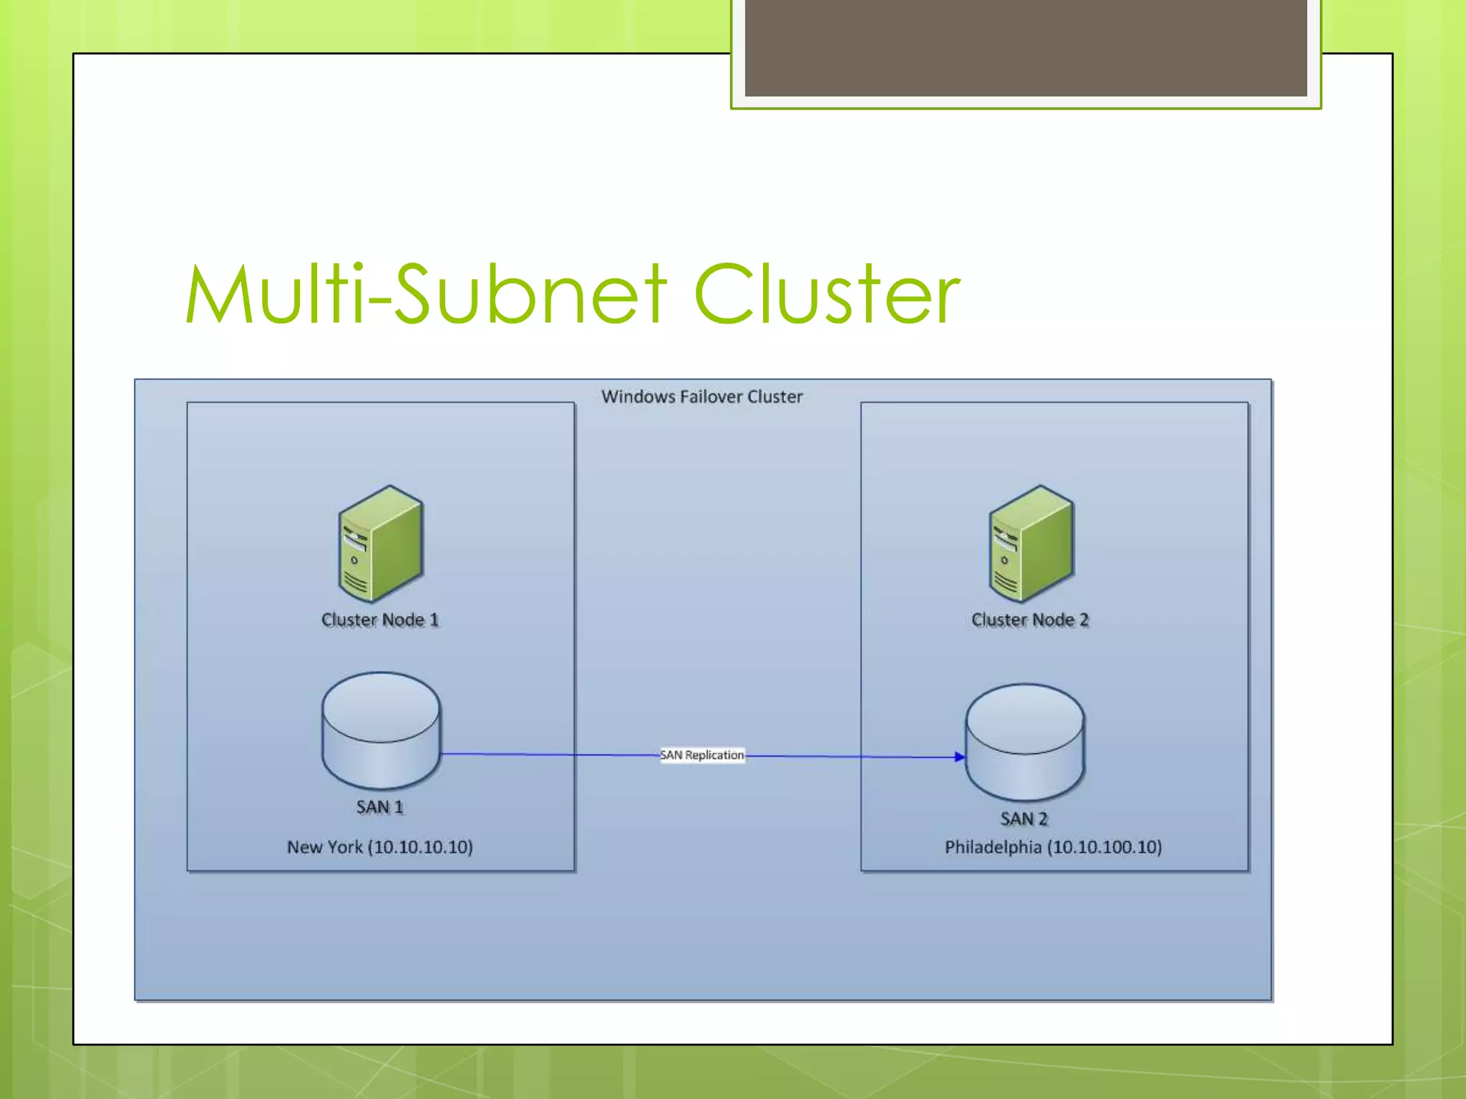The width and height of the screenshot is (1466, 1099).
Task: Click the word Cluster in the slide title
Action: (x=827, y=294)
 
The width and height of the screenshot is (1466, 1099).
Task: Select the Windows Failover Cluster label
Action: (x=702, y=396)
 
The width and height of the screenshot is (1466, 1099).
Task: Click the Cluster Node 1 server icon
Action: (x=381, y=544)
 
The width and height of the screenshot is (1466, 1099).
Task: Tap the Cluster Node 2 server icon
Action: (x=1031, y=544)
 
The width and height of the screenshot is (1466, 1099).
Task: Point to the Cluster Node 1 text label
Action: (x=379, y=620)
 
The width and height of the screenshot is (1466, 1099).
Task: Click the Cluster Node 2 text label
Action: (x=1029, y=620)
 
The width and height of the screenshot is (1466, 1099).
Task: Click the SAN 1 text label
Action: (x=380, y=807)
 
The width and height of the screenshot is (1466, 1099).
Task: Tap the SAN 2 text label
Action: (x=1024, y=819)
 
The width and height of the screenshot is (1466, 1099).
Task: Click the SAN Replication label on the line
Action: (x=702, y=755)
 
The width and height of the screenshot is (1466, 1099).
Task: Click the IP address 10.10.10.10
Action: (x=421, y=847)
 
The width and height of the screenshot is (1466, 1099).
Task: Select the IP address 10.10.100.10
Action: (x=1104, y=847)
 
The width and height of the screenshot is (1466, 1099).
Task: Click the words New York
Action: (x=325, y=847)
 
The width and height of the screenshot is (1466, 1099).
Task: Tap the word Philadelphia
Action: (x=993, y=847)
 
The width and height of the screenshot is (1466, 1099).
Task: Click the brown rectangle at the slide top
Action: (x=1025, y=47)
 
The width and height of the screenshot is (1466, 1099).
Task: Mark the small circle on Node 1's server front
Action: (x=354, y=560)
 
